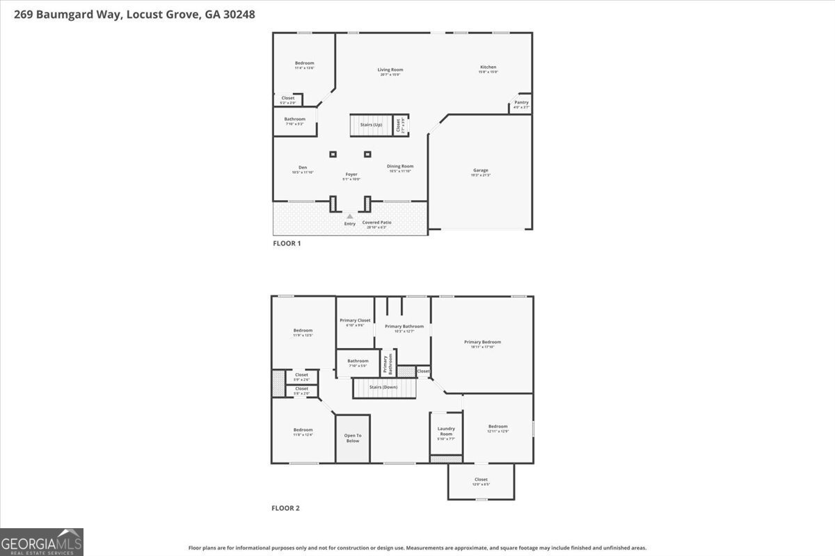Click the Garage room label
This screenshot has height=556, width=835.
coord(480,170)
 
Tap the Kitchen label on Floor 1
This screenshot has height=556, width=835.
coord(488,67)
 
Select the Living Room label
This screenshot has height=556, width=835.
coord(390,69)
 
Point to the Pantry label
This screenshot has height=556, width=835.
coord(521,102)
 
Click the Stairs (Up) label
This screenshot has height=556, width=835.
coord(371,124)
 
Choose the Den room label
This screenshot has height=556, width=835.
coord(303,167)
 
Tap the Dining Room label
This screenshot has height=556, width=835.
coord(400,166)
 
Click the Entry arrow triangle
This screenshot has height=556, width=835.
coord(350,216)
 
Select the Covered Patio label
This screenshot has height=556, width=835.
coord(376,222)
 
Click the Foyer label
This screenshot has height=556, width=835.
coord(351,174)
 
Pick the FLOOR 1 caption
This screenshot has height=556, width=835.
coord(286,244)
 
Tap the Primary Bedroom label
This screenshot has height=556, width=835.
coord(482,342)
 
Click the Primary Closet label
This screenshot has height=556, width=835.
coord(355,320)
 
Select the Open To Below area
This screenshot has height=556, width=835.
coord(353,439)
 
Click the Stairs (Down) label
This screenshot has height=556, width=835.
coord(383,386)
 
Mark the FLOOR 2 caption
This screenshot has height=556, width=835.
coord(285,508)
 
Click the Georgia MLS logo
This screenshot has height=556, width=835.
coord(42,542)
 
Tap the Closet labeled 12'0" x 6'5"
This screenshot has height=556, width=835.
coord(481,480)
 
